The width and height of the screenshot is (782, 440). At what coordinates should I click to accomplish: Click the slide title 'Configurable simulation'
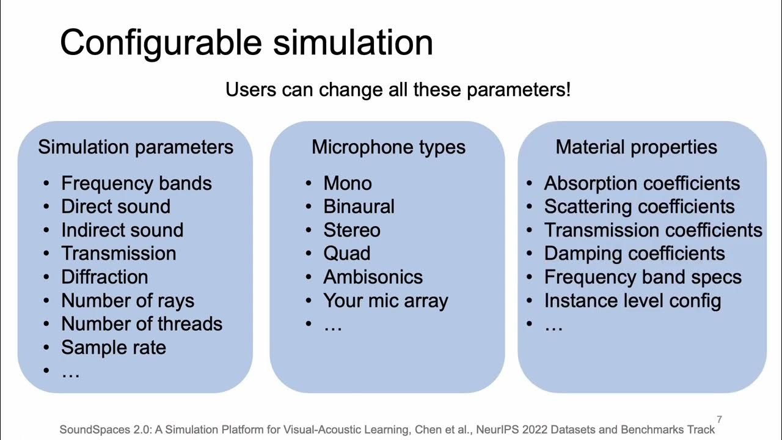246,43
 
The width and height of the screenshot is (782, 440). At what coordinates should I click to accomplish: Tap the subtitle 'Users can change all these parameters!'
398,90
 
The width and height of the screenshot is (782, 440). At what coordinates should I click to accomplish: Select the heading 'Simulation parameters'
136,147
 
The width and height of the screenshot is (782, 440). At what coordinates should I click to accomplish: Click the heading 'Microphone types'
388,147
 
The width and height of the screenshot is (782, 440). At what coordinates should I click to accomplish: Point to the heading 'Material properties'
636,147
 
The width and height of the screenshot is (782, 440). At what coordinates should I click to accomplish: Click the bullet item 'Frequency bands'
136,183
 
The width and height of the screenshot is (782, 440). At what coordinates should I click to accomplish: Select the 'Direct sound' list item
115,207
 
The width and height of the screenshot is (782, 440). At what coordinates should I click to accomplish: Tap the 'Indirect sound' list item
122,230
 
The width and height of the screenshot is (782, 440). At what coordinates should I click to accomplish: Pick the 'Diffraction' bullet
104,277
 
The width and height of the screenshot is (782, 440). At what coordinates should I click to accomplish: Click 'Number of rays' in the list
128,301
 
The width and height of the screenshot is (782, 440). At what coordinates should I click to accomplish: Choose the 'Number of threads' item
142,324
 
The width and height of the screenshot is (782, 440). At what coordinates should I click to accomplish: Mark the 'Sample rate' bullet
114,348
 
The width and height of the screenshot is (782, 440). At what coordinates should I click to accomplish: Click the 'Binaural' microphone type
359,207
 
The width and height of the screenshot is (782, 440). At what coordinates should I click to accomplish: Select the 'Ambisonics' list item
373,277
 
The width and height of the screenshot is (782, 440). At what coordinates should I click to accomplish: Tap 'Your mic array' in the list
386,301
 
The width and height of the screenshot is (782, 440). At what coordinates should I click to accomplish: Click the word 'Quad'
346,254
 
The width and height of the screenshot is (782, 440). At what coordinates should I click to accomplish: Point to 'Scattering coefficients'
639,207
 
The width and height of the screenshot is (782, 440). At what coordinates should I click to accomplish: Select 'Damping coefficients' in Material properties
634,254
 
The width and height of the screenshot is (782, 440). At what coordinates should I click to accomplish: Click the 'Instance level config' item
632,301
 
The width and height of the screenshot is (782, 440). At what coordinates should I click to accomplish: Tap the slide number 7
719,419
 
